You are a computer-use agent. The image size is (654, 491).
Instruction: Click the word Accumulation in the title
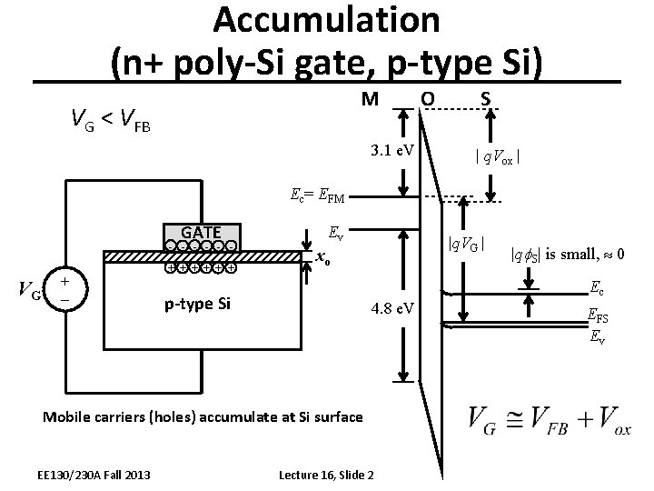click(327, 20)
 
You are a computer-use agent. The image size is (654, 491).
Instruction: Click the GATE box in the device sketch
click(202, 231)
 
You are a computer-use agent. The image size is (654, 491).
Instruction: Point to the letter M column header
click(369, 97)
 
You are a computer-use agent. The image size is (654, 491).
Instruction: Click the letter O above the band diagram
click(427, 97)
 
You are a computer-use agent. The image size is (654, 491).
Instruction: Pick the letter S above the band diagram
click(489, 97)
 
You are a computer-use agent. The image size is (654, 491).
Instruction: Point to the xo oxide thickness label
click(320, 258)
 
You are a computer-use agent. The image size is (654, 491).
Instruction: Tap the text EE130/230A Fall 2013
click(94, 474)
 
